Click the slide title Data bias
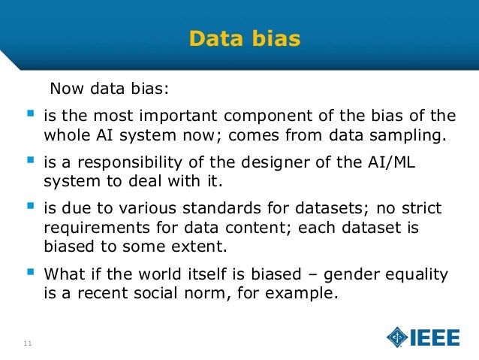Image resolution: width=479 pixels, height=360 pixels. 244,38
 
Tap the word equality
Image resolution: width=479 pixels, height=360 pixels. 412,274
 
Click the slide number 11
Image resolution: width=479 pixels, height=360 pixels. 27,344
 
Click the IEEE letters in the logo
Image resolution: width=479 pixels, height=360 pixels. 435,337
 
